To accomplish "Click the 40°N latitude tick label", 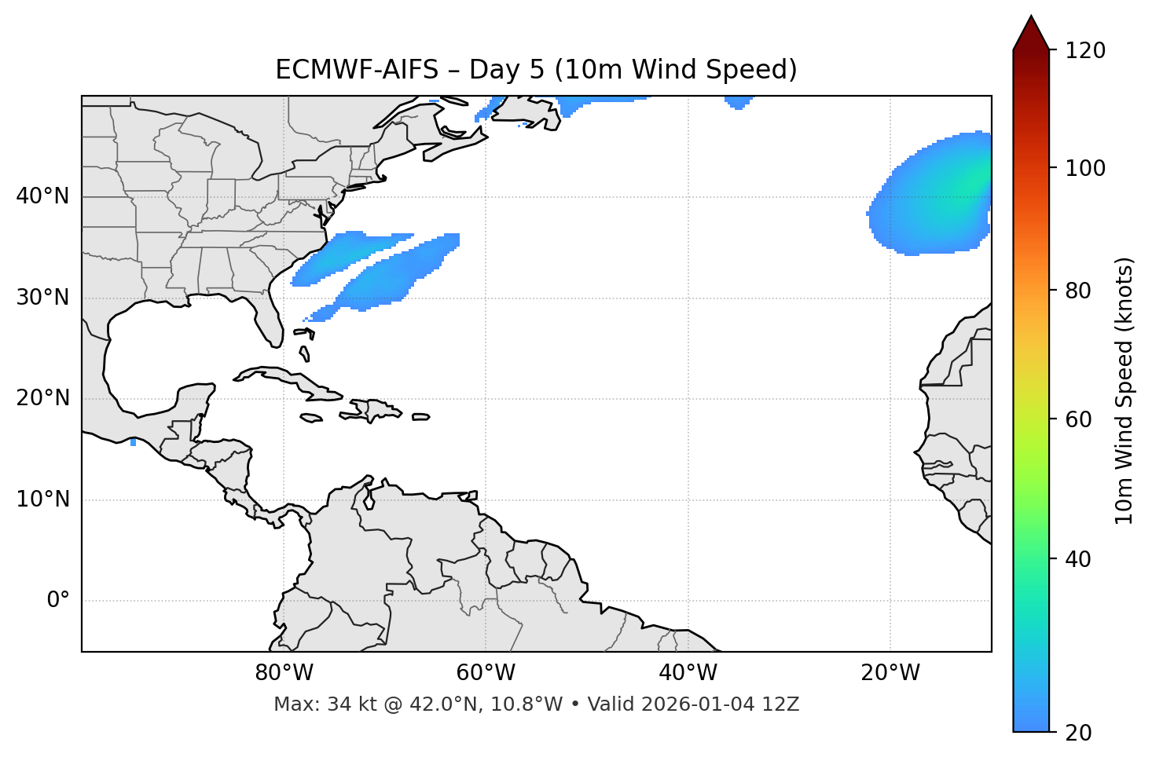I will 42,196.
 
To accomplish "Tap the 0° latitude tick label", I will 58,601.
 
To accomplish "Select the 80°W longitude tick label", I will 284,673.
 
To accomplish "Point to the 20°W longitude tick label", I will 890,673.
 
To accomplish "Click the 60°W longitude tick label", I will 486,673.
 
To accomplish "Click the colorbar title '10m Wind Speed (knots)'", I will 1124,390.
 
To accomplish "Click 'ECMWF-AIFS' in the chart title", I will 356,70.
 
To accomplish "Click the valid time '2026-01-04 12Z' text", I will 720,704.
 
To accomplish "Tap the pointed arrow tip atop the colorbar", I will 1031,19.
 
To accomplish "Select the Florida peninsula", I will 268,318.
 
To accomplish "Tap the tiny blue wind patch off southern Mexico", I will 133,443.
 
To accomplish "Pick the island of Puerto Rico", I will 421,417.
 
